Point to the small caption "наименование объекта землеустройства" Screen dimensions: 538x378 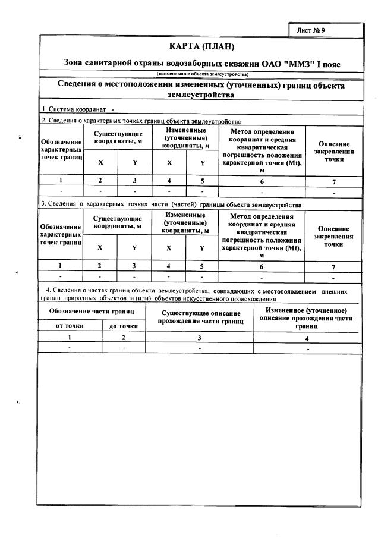pyautogui.click(x=203, y=74)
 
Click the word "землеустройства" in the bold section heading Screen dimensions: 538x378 pyautogui.click(x=201, y=95)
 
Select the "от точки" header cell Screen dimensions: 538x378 pyautogui.click(x=70, y=325)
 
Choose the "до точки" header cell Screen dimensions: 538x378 pyautogui.click(x=124, y=325)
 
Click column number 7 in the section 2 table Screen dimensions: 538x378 pyautogui.click(x=333, y=180)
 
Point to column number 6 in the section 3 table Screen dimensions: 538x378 pyautogui.click(x=262, y=266)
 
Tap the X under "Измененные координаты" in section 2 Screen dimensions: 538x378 pyautogui.click(x=169, y=162)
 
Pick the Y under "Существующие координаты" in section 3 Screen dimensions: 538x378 pyautogui.click(x=134, y=247)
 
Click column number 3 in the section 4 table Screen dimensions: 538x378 pyautogui.click(x=199, y=338)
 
